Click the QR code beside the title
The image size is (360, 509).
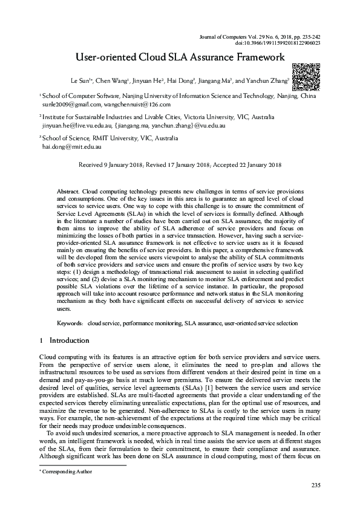(306, 76)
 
